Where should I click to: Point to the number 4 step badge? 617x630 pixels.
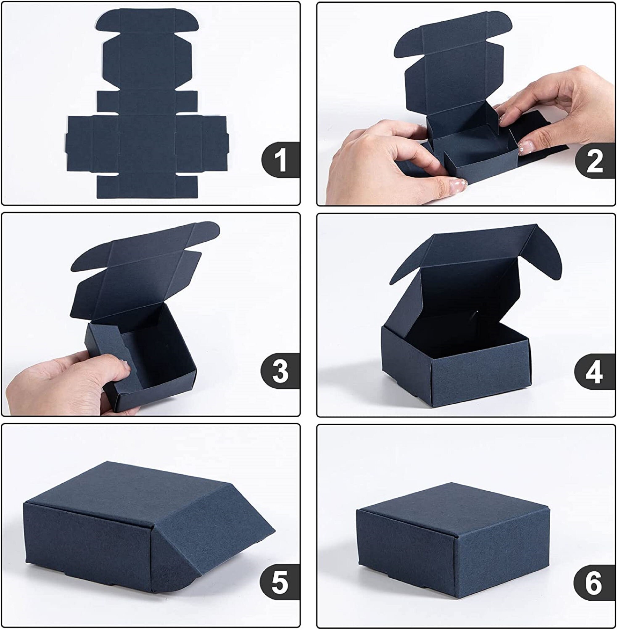point(595,372)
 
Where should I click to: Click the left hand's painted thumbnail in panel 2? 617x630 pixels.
point(458,186)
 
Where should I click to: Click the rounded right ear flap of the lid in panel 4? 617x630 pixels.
point(548,256)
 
